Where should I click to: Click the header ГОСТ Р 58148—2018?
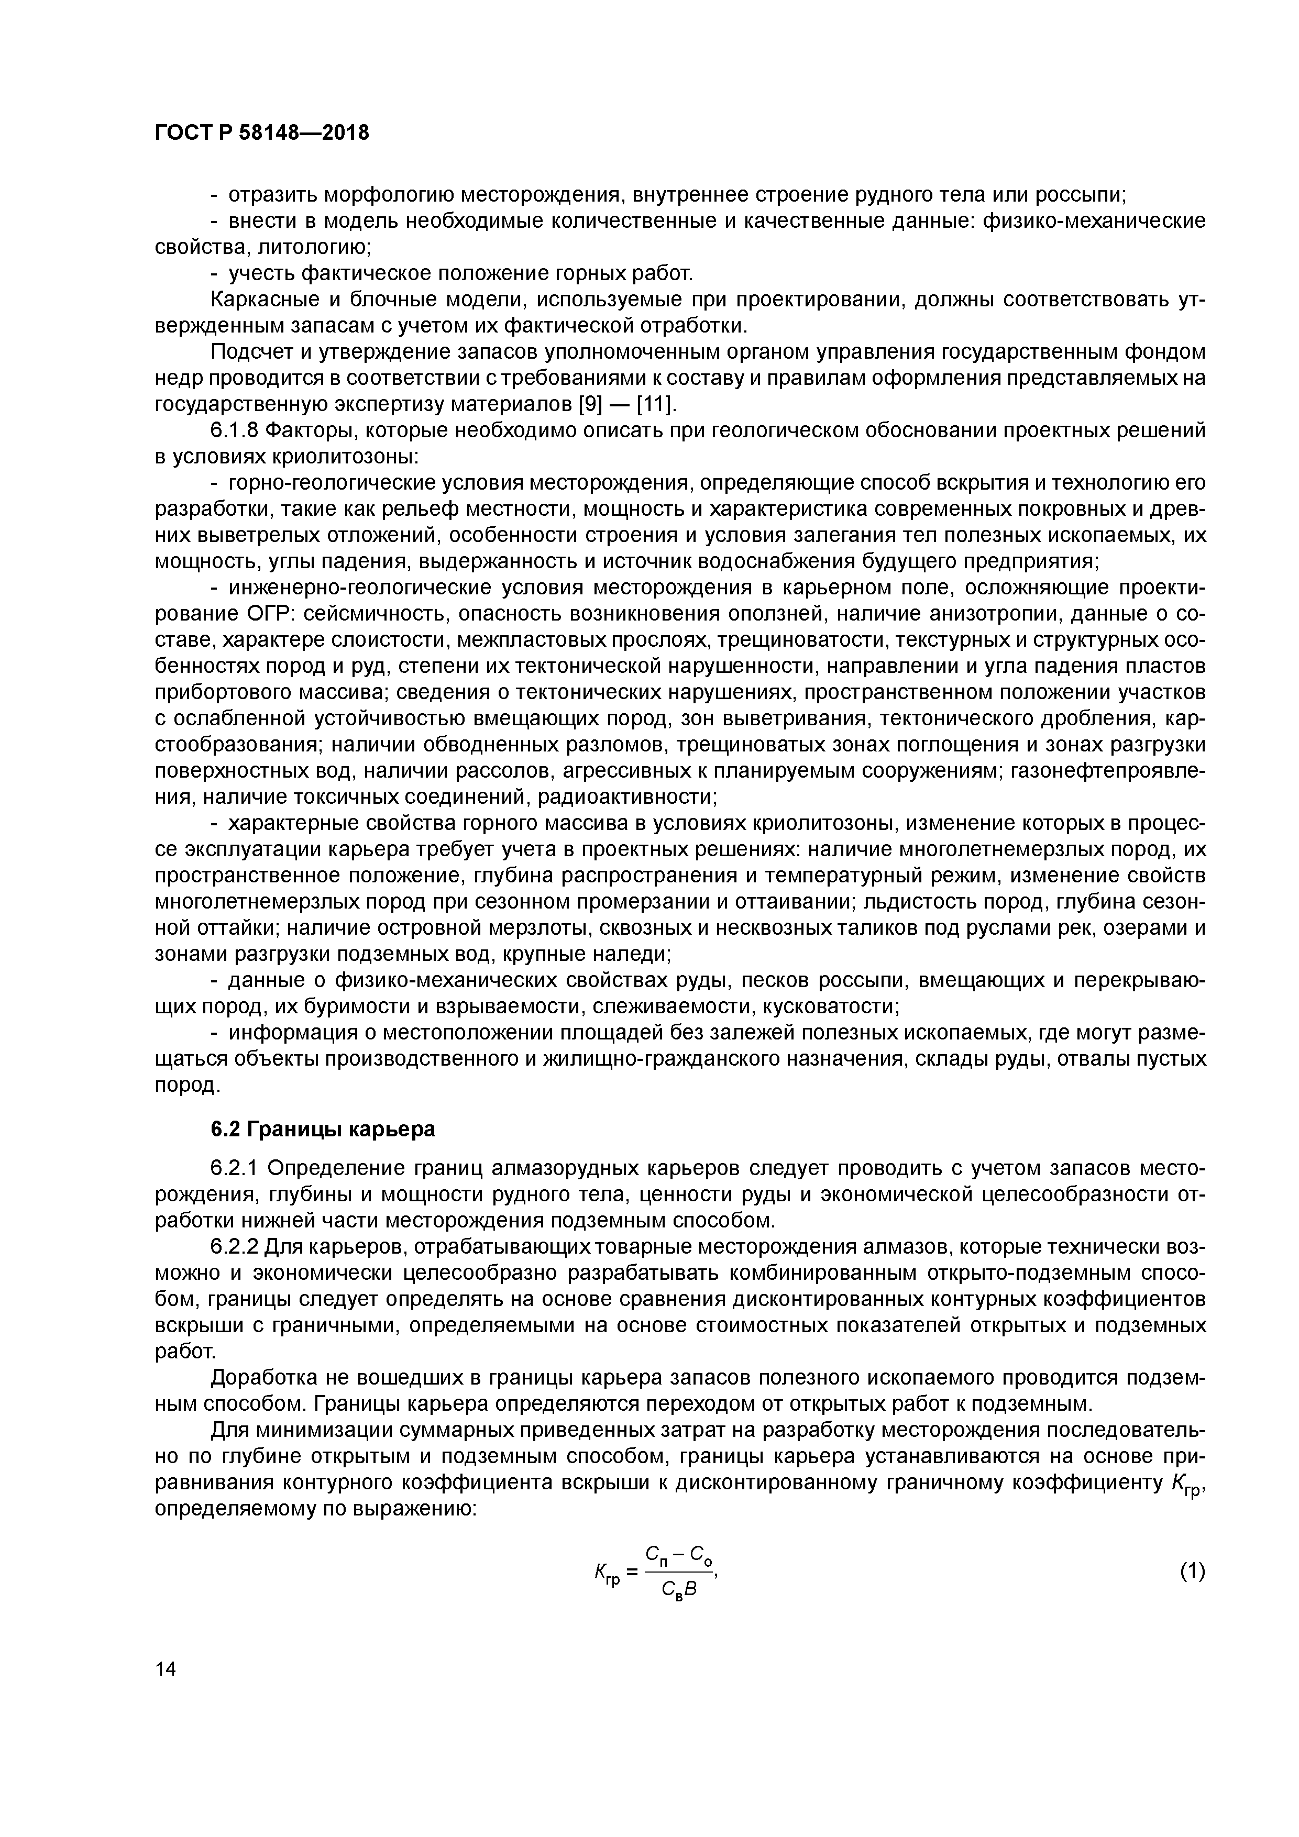tap(262, 133)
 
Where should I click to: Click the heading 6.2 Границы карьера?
tap(323, 1129)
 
